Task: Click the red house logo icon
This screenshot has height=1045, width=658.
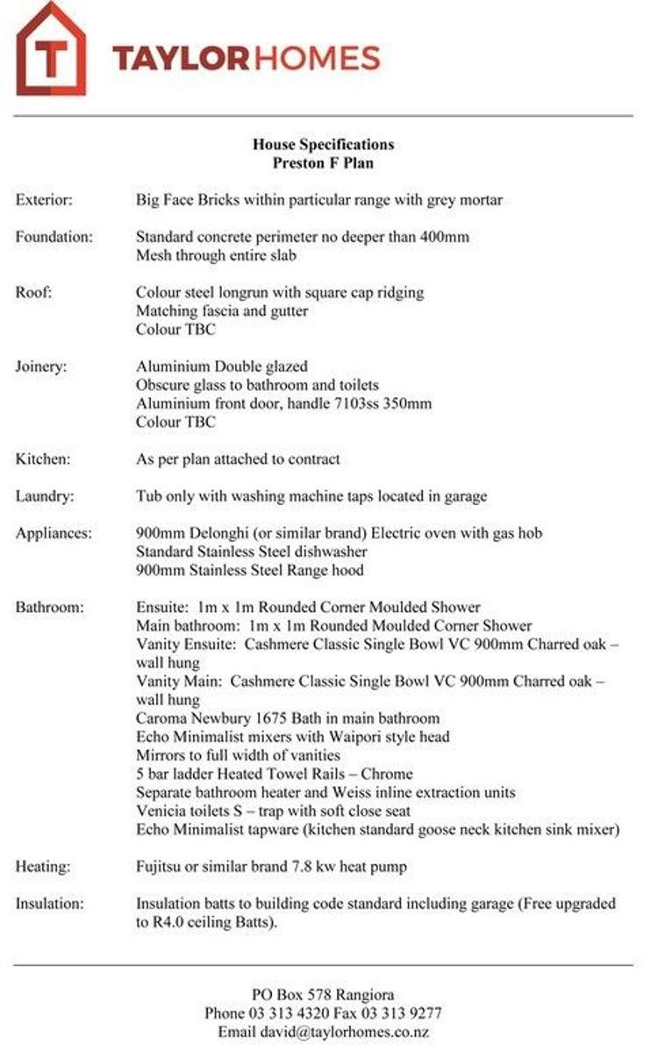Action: coord(51,51)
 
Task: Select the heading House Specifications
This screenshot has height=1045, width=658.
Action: coord(323,145)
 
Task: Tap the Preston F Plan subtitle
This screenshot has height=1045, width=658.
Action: coord(323,163)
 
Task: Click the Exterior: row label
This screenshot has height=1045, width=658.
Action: coord(44,200)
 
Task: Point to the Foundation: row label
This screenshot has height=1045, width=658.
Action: coord(53,237)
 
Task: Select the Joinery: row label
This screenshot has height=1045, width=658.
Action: coord(40,366)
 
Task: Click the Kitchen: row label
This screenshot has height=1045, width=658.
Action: coord(43,458)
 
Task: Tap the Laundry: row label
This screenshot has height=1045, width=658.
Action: coord(45,496)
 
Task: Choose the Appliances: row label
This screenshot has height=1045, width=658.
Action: coord(53,533)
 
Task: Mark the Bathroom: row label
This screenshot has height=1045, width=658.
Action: coord(50,607)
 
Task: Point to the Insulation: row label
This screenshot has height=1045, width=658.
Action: coord(50,904)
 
